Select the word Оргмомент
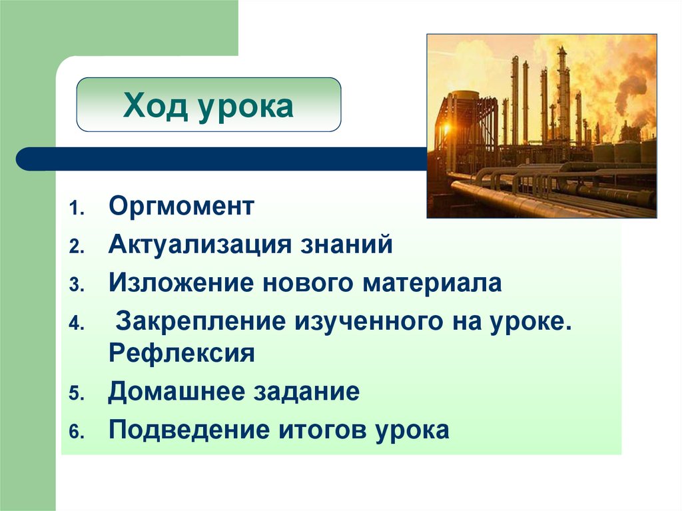pyautogui.click(x=181, y=206)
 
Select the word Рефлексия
pyautogui.click(x=182, y=352)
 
